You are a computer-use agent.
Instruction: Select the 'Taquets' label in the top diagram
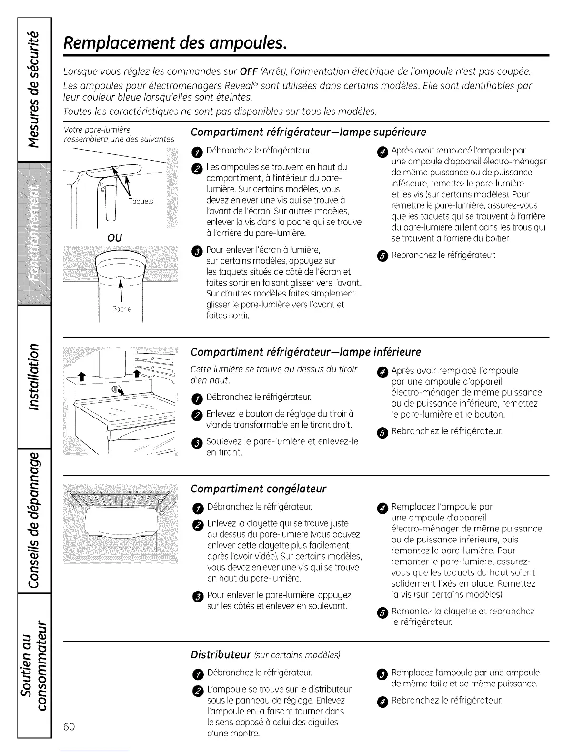(141, 201)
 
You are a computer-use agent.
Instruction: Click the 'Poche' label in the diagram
(121, 309)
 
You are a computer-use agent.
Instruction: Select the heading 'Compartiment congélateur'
(258, 489)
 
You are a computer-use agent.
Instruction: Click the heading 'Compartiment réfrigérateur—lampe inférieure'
(305, 352)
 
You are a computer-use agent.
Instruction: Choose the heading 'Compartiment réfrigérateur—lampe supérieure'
(308, 132)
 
